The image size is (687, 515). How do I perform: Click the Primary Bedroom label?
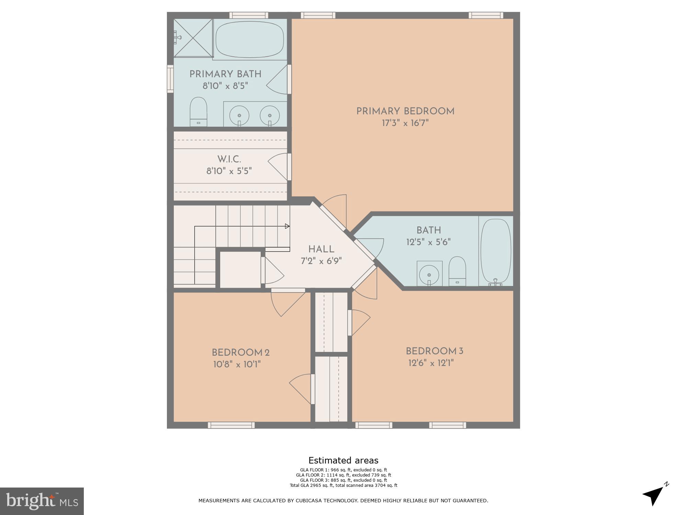405,111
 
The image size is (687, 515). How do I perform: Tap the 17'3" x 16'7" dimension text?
405,123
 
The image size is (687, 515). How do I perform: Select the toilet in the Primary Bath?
199,112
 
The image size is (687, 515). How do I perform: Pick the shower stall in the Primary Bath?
193,38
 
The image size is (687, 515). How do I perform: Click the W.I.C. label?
229,159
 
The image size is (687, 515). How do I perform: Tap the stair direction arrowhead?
287,226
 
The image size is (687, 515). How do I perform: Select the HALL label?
321,249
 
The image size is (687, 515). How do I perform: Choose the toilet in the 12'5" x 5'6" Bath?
457,271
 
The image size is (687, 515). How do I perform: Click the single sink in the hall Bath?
429,274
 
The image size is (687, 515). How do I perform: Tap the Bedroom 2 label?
240,353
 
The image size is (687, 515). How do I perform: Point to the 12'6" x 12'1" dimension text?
431,363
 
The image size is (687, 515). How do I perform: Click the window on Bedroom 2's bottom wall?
231,425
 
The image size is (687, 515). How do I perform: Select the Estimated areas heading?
343,460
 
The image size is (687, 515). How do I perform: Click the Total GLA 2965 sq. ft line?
343,485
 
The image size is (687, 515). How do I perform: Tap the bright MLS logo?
42,501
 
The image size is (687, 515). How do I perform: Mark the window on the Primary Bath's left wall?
170,79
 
